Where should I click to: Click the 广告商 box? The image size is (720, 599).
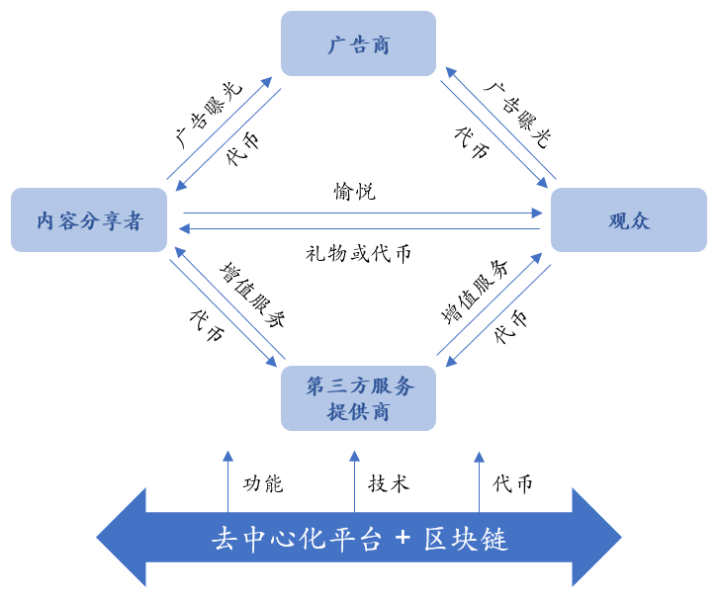[x=358, y=44]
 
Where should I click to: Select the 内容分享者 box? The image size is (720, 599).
[x=89, y=220]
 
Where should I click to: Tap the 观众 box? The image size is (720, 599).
[x=628, y=220]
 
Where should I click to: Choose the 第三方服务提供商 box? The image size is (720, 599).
[x=358, y=398]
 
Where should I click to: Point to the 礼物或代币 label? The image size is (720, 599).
[x=358, y=253]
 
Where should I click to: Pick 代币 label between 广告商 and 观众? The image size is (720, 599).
[x=472, y=143]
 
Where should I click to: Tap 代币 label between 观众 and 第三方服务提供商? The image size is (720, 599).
[x=511, y=326]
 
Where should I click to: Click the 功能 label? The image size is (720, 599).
[x=263, y=483]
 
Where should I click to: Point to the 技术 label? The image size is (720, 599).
[x=389, y=483]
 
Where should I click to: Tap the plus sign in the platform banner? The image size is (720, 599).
[x=403, y=539]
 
